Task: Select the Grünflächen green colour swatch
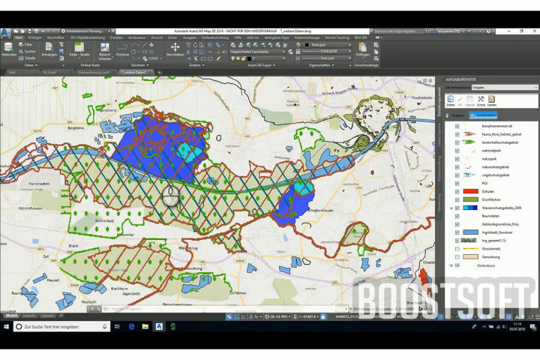[x=470, y=199]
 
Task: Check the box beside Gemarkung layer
[x=457, y=256]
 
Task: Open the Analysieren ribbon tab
[x=137, y=37]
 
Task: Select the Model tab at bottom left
[x=12, y=316]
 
